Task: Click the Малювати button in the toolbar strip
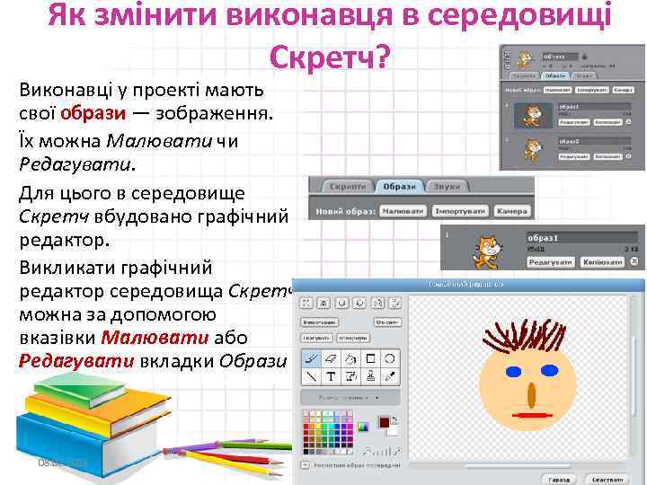402,211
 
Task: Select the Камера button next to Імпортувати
512,211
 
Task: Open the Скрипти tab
343,186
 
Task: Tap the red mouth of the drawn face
534,415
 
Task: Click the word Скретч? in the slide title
329,57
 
